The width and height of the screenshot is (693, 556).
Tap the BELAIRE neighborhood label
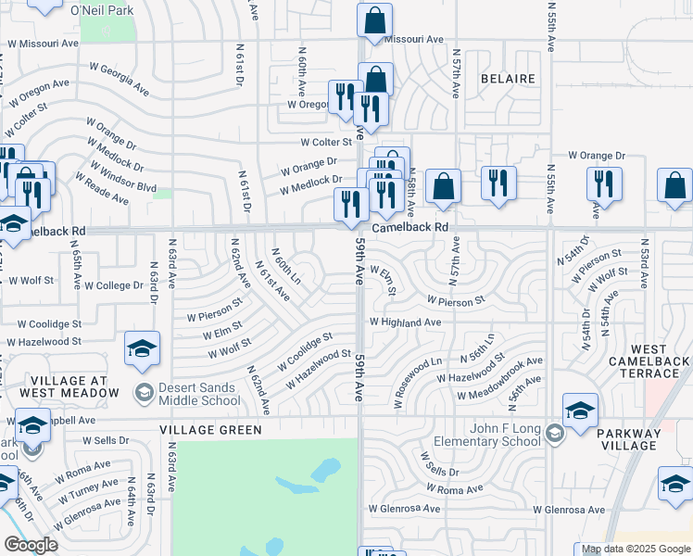point(509,79)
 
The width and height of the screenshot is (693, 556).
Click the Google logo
point(31,544)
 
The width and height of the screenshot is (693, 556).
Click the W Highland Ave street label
point(405,322)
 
